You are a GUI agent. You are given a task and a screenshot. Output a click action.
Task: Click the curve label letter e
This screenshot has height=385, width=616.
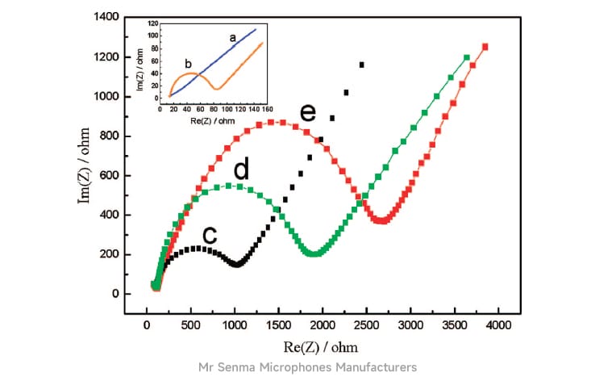click(x=307, y=112)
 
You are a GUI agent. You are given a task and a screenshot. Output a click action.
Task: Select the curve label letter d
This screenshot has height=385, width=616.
click(x=240, y=170)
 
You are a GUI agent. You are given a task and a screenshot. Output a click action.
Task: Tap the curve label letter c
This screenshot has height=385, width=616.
click(x=210, y=235)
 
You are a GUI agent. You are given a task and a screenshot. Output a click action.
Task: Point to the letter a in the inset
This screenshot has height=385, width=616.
click(x=232, y=37)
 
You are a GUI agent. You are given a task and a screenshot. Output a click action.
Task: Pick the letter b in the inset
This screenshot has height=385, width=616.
click(x=187, y=63)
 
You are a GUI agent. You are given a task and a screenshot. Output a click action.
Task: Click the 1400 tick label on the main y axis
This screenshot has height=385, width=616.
click(x=106, y=17)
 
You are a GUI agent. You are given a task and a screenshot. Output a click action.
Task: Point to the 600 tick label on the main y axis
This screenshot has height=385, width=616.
click(x=110, y=175)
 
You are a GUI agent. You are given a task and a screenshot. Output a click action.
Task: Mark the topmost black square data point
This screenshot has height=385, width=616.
click(x=362, y=65)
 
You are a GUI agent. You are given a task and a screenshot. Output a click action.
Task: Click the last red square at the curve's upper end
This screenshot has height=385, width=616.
click(x=485, y=47)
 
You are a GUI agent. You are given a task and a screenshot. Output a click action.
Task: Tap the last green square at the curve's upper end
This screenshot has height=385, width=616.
click(x=467, y=57)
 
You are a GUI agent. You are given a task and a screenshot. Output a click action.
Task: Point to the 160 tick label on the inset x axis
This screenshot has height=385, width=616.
click(x=268, y=108)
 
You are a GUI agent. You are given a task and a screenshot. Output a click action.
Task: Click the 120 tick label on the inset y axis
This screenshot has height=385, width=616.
click(x=152, y=26)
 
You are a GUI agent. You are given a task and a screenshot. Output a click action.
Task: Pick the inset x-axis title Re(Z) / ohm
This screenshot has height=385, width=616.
click(x=213, y=119)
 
